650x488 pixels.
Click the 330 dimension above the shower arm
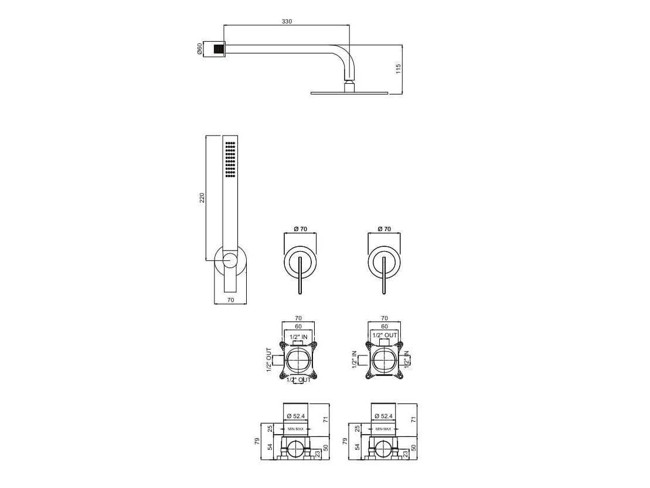287,21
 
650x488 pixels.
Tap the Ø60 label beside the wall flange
200,49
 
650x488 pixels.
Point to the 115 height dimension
398,69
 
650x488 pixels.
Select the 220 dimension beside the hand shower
202,198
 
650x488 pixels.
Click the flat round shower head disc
349,92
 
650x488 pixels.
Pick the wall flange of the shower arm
219,49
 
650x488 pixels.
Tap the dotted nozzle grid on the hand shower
230,159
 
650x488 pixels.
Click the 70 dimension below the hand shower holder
230,300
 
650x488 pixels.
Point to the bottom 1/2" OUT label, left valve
300,380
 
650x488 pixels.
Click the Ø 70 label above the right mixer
384,229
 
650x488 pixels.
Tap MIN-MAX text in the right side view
384,429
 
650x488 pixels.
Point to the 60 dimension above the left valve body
298,326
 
